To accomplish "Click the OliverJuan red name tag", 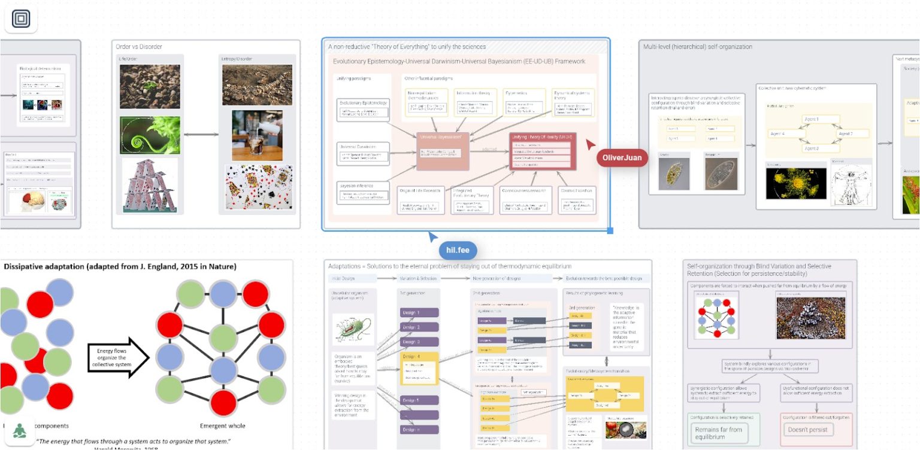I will pyautogui.click(x=622, y=158).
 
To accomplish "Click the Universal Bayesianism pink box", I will pyautogui.click(x=443, y=151).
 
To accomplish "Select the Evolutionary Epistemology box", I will pyautogui.click(x=364, y=108).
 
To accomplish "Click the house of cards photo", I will pyautogui.click(x=150, y=186).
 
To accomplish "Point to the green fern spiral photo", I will pyautogui.click(x=150, y=135).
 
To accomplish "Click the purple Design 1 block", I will pyautogui.click(x=419, y=313).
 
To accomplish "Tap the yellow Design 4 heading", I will pyautogui.click(x=419, y=357).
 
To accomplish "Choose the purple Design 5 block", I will pyautogui.click(x=419, y=400).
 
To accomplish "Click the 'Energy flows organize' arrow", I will pyautogui.click(x=117, y=357).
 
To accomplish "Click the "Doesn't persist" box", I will pyautogui.click(x=807, y=430).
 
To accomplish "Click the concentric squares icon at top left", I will pyautogui.click(x=21, y=20).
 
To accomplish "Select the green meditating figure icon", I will pyautogui.click(x=20, y=430).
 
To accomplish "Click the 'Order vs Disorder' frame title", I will pyautogui.click(x=139, y=47).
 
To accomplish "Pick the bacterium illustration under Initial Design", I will pyautogui.click(x=353, y=329).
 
